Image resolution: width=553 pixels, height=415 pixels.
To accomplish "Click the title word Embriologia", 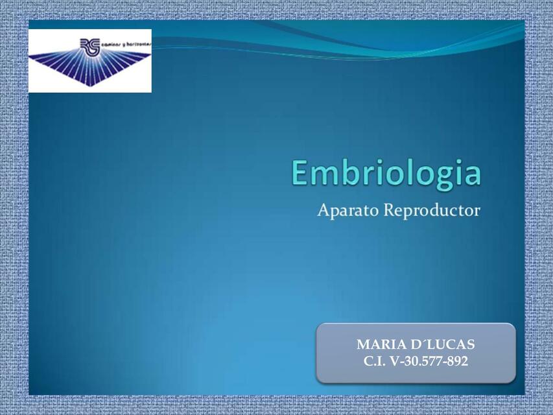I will click(386, 173).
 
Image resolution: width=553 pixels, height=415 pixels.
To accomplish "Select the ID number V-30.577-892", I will click(429, 361).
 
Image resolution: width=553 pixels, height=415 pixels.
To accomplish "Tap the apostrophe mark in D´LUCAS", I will click(426, 341).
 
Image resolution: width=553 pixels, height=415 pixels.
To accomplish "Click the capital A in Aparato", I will click(324, 211).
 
